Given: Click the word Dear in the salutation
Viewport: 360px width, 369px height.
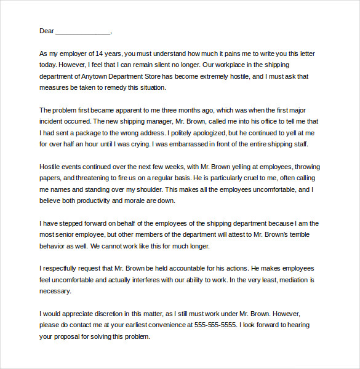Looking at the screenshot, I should pyautogui.click(x=47, y=31).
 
